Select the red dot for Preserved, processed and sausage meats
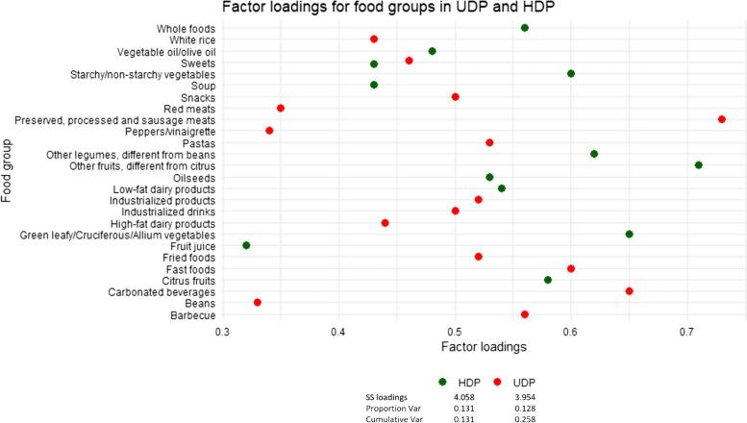tap(721, 119)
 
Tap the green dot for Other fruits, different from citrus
tap(699, 165)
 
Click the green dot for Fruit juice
tap(246, 245)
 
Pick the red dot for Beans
tap(258, 303)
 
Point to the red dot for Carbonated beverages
tap(629, 291)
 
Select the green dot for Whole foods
tap(525, 28)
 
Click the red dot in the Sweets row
tap(409, 62)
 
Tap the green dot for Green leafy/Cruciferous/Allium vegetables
tap(629, 234)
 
